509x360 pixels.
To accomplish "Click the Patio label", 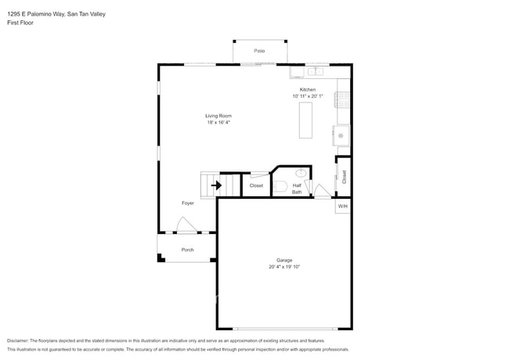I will pyautogui.click(x=259, y=51).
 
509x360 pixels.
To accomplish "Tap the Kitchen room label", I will pyautogui.click(x=307, y=90).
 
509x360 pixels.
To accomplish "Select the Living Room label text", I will pyautogui.click(x=218, y=116).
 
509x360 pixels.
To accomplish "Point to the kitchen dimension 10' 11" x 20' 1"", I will pyautogui.click(x=307, y=96).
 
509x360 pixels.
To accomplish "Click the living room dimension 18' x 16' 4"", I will pyautogui.click(x=218, y=122).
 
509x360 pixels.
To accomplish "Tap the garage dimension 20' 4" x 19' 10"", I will pyautogui.click(x=283, y=267).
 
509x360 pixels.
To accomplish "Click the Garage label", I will pyautogui.click(x=283, y=261).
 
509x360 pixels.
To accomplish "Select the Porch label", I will pyautogui.click(x=188, y=250).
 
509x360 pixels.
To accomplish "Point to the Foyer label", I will pyautogui.click(x=188, y=203).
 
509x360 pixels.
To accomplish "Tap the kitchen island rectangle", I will pyautogui.click(x=305, y=120).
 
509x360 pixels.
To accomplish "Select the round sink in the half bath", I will pyautogui.click(x=301, y=173).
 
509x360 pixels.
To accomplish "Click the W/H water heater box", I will pyautogui.click(x=342, y=206).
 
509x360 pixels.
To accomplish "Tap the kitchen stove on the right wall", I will pyautogui.click(x=342, y=99).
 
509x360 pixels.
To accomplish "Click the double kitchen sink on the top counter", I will pyautogui.click(x=314, y=71).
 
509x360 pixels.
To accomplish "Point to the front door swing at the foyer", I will pyautogui.click(x=186, y=226).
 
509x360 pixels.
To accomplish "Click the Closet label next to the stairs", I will pyautogui.click(x=256, y=185).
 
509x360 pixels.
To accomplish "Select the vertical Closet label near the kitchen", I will pyautogui.click(x=344, y=177).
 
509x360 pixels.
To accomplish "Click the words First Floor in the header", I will pyautogui.click(x=20, y=23).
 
